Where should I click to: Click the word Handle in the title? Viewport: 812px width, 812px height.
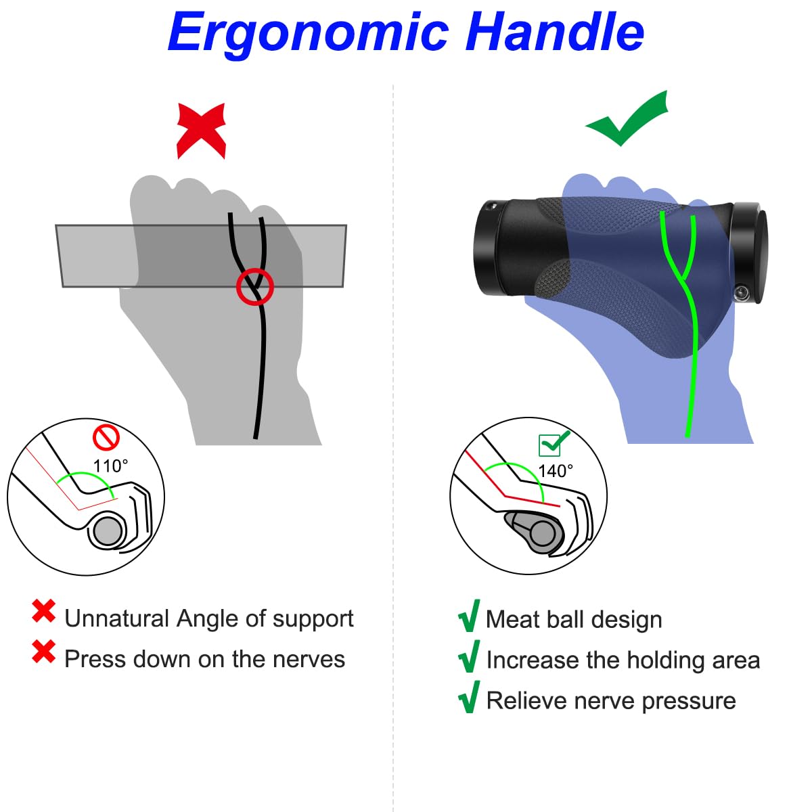click(x=555, y=31)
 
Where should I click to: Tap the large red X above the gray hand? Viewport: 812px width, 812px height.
click(x=202, y=131)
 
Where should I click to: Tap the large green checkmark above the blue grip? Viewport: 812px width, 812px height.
click(x=627, y=119)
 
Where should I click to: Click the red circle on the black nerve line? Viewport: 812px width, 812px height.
click(x=255, y=286)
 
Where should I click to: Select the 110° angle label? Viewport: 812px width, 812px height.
click(x=110, y=466)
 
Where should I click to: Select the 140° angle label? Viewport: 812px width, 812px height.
click(x=556, y=471)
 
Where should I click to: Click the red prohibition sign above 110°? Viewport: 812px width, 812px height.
click(x=106, y=438)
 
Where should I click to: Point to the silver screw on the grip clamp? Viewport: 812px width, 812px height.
click(x=741, y=292)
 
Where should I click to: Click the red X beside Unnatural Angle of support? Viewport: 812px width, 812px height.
click(x=44, y=611)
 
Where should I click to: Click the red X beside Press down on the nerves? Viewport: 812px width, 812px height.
click(x=44, y=652)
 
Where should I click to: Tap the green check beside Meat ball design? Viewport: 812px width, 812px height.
click(x=469, y=616)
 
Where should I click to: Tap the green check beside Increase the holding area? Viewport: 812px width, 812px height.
click(x=469, y=656)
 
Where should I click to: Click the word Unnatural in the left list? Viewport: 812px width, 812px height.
click(x=116, y=618)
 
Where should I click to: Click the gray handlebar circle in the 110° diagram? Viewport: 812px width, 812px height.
click(x=108, y=531)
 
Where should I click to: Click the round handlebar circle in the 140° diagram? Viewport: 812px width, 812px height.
click(x=543, y=533)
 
